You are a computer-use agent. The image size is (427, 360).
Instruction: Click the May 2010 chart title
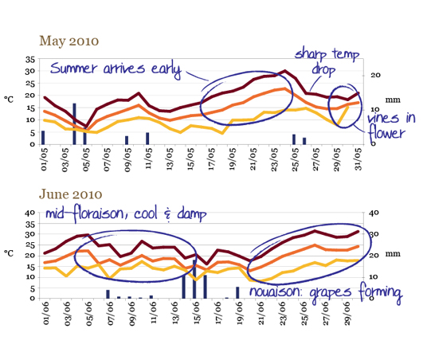click(x=69, y=41)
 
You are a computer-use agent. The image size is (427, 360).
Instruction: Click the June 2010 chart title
click(x=71, y=194)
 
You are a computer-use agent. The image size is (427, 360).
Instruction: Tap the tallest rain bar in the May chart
click(x=74, y=124)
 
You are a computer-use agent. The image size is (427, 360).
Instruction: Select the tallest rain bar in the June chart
click(x=194, y=279)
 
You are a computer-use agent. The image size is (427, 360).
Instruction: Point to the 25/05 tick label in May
click(x=295, y=159)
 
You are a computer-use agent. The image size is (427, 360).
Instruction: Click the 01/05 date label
click(x=44, y=159)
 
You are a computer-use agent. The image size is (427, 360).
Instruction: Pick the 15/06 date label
click(x=197, y=313)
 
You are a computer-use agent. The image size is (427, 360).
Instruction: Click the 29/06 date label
click(x=347, y=313)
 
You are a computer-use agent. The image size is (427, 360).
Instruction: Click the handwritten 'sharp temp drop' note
click(x=327, y=62)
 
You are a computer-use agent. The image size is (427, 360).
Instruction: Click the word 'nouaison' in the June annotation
click(x=276, y=292)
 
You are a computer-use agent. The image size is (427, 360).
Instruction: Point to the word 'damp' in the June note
click(x=192, y=213)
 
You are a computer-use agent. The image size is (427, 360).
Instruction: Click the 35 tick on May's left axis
click(x=30, y=60)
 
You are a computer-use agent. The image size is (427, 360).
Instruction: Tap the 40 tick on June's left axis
click(x=30, y=213)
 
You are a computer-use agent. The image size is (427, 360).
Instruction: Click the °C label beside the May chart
click(x=9, y=100)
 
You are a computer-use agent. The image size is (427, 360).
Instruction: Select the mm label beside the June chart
click(x=393, y=254)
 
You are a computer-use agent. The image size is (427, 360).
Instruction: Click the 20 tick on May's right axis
click(x=375, y=75)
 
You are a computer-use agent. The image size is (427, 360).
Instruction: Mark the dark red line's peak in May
click(x=285, y=71)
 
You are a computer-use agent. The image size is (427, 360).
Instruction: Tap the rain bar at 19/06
click(x=237, y=292)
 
